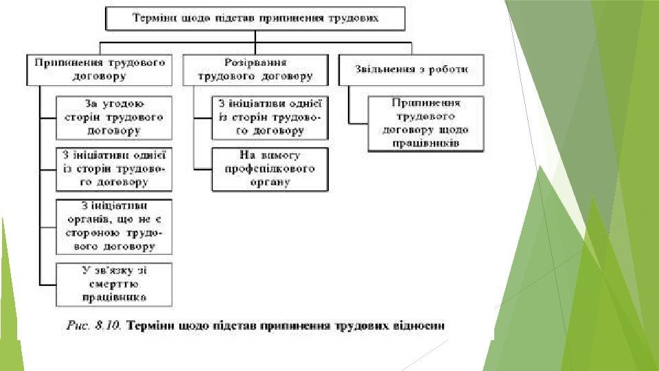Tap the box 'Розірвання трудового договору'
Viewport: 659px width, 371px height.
pos(255,69)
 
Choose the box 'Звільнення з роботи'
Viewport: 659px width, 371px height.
pos(412,69)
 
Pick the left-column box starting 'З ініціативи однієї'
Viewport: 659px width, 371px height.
pos(114,168)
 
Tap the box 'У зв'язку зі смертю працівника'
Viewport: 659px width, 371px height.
pos(114,284)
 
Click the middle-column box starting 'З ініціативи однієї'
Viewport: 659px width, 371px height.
pos(270,117)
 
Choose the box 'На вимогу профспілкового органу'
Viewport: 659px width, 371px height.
pos(270,168)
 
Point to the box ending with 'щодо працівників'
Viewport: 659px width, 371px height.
pos(426,124)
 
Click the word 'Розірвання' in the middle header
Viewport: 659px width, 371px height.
pos(255,62)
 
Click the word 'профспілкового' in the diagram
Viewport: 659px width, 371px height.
pos(270,168)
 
